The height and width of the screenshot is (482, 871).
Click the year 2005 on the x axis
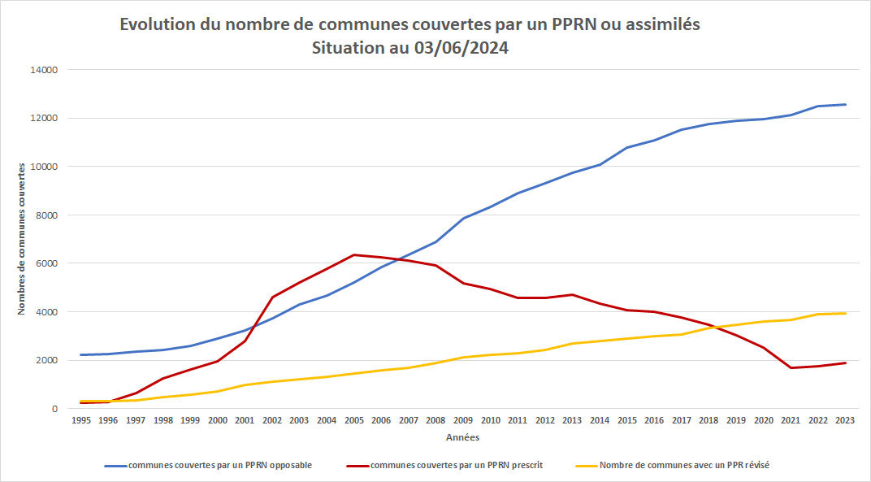353,420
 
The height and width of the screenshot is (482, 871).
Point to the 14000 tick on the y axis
44,70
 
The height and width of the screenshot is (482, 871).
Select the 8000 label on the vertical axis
46,215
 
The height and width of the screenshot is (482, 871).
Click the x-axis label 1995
80,420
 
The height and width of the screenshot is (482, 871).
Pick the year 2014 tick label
600,420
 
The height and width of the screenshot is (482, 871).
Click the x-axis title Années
462,437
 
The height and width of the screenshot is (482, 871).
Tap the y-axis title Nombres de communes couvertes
22,237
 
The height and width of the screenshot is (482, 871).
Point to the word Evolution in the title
157,25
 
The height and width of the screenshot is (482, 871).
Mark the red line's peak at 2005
353,255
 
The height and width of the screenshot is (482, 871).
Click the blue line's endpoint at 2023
846,104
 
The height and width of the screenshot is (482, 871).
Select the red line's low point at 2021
791,368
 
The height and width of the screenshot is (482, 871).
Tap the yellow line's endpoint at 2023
846,313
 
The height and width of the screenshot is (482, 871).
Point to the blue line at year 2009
462,218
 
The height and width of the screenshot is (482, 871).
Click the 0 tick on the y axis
54,409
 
